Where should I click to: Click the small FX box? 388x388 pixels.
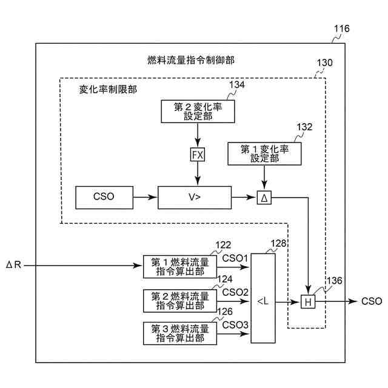[198, 155]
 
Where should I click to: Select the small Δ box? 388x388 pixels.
[264, 198]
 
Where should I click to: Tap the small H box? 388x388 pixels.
[308, 302]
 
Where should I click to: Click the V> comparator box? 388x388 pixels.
[195, 198]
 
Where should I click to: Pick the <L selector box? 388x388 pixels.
[263, 298]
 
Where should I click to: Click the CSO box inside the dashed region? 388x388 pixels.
[104, 198]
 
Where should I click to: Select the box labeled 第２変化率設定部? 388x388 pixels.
[198, 112]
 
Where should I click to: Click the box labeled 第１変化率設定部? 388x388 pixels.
[264, 153]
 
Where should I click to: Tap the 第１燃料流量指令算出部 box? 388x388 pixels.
[180, 267]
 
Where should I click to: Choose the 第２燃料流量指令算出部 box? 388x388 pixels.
[180, 301]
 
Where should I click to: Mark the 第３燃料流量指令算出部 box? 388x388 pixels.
[180, 333]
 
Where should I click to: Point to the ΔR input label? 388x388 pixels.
[13, 265]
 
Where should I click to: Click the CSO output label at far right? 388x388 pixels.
[372, 301]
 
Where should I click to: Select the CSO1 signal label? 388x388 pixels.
[235, 258]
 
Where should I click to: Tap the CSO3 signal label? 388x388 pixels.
[235, 325]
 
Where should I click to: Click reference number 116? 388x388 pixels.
[342, 28]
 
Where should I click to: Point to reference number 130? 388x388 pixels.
[325, 62]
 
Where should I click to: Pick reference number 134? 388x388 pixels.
[237, 85]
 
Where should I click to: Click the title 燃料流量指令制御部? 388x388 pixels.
[191, 60]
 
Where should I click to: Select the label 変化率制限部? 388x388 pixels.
[108, 89]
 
